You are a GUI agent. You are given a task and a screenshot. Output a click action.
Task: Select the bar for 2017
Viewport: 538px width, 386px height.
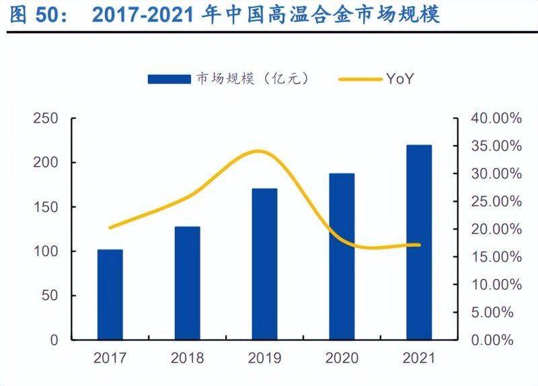coord(110,295)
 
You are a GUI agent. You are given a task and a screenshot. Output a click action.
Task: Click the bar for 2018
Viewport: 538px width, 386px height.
coord(187,282)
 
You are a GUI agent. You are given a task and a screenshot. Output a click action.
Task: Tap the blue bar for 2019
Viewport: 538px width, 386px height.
coord(264,264)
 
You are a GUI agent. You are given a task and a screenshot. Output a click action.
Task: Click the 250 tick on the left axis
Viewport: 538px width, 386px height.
coord(46,119)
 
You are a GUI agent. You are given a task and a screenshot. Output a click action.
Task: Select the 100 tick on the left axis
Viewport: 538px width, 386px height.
coord(46,252)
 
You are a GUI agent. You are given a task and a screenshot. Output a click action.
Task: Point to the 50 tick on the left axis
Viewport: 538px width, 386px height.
coord(50,296)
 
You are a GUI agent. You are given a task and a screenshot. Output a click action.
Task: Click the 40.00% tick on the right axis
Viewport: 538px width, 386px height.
coord(496,119)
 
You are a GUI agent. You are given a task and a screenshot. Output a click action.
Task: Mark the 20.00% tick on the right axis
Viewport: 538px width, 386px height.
coord(496,229)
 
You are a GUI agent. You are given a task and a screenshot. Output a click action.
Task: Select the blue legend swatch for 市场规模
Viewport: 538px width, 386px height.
coord(169,79)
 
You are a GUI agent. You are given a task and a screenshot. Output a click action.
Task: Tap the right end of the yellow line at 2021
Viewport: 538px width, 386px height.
coord(419,245)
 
